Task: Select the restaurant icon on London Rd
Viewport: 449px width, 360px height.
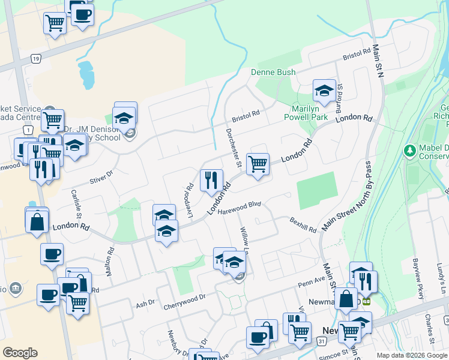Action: [211, 180]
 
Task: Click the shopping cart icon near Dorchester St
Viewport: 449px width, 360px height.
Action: [258, 163]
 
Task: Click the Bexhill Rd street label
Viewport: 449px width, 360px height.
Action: [303, 224]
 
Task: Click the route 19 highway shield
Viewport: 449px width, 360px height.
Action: [36, 59]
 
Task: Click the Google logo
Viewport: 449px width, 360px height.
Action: [20, 353]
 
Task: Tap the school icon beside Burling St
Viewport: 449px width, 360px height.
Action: [324, 91]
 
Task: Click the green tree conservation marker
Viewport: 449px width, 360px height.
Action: [410, 149]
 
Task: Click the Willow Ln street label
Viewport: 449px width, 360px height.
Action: [245, 239]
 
